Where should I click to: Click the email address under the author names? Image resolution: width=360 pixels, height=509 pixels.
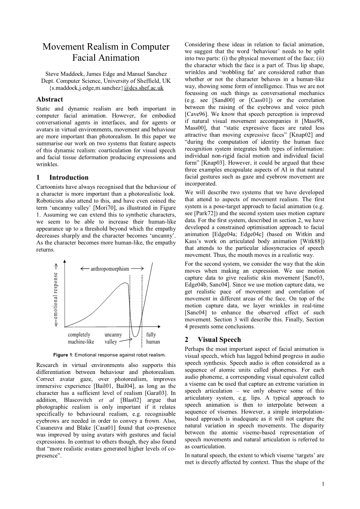point(106,88)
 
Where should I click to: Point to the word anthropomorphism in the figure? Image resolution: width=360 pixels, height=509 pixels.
point(110,269)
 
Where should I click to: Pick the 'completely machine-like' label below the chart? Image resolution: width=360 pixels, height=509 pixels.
point(81,338)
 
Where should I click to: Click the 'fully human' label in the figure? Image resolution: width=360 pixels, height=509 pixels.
point(152,338)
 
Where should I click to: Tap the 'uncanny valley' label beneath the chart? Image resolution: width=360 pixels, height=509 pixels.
point(113,338)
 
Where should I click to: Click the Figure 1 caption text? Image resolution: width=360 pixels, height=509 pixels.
point(109,355)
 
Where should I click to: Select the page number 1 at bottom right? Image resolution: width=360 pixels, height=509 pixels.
point(323,484)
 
